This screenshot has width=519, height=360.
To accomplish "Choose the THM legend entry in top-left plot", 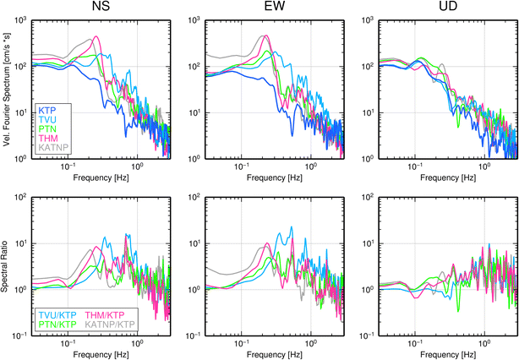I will (47, 139).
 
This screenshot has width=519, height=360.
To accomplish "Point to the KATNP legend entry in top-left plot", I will (53, 148).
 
